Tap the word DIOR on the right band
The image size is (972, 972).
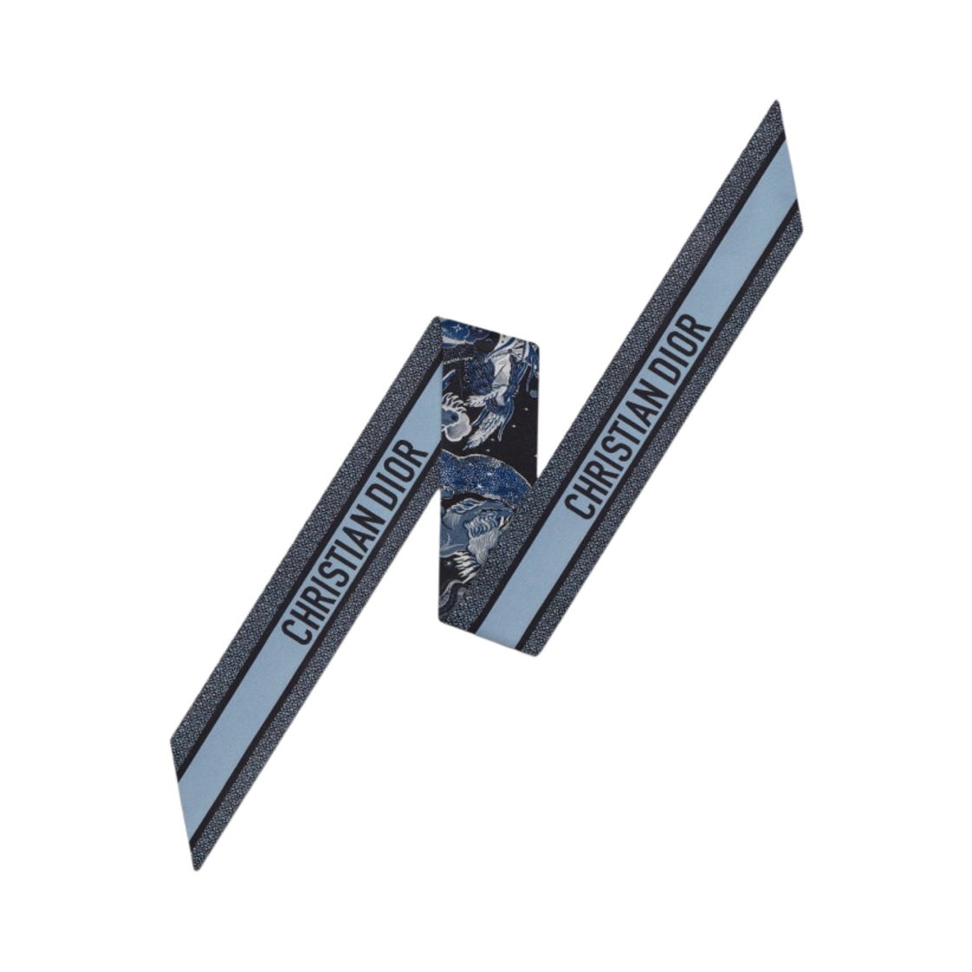[685, 346]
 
